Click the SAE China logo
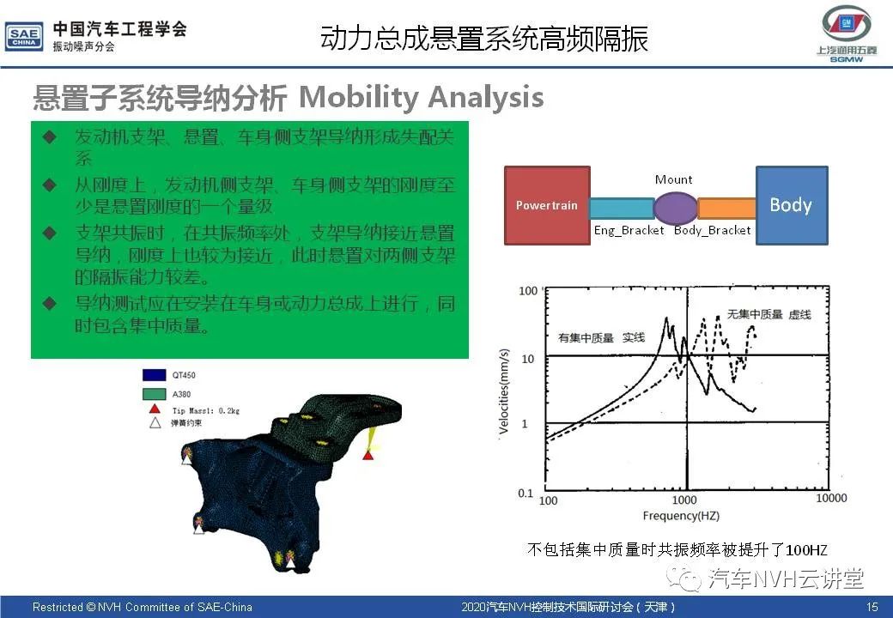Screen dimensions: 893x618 (x=24, y=37)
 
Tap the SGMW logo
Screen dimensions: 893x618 (x=847, y=33)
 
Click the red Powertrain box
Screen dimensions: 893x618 (x=547, y=205)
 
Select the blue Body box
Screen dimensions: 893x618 (x=792, y=205)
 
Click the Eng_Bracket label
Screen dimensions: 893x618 (x=629, y=231)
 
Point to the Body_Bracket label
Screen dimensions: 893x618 (x=712, y=231)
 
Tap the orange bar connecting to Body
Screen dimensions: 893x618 (x=726, y=209)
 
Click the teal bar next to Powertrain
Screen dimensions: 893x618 (x=622, y=209)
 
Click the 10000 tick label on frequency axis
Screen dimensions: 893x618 (x=831, y=498)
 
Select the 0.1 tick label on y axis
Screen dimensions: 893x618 (x=525, y=493)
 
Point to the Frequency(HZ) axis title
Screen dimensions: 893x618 (x=681, y=516)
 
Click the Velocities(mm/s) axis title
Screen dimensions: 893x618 (x=503, y=391)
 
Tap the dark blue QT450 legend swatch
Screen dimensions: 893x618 (x=155, y=375)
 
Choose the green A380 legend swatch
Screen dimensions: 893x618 (x=155, y=394)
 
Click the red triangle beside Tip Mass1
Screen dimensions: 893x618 (x=155, y=409)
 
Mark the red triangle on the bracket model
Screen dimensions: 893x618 (x=368, y=455)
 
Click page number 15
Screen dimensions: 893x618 (x=872, y=607)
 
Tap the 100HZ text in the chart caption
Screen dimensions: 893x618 (x=806, y=549)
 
